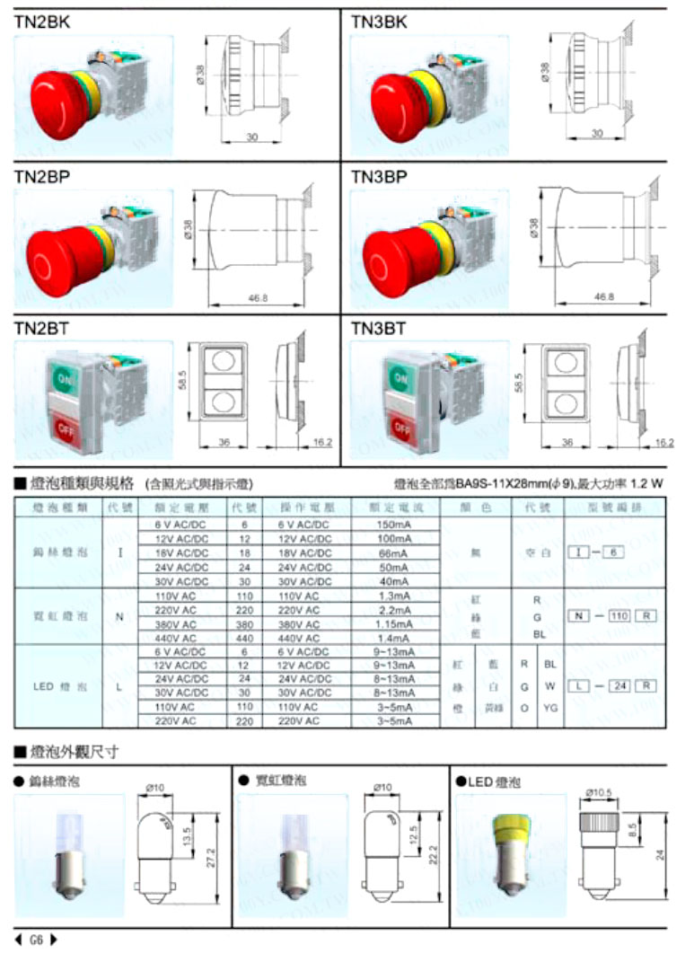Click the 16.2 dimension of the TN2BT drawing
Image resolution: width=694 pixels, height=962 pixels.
(322, 442)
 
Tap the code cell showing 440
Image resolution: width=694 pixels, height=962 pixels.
(244, 637)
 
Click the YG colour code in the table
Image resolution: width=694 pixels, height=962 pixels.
(549, 707)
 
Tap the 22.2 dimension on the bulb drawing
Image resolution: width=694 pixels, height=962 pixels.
(435, 851)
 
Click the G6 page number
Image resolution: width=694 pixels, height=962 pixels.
(36, 940)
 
